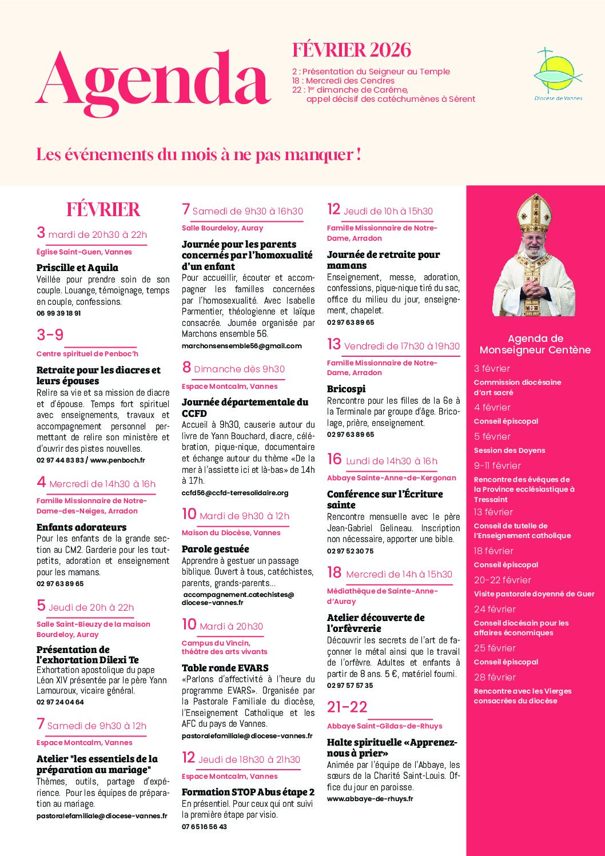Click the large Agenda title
153,80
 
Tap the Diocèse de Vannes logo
558,74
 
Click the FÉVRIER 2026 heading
351,50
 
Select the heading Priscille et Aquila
77,268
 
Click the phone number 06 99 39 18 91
58,313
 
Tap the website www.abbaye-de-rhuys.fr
369,799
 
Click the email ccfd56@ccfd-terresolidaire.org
235,493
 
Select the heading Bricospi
346,389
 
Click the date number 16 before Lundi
334,460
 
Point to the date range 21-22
347,707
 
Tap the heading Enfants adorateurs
81,527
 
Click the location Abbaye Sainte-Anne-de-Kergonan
391,478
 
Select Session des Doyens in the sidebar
509,451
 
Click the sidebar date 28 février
495,677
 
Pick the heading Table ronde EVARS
225,668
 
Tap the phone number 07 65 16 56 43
204,827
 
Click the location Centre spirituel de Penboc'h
87,354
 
